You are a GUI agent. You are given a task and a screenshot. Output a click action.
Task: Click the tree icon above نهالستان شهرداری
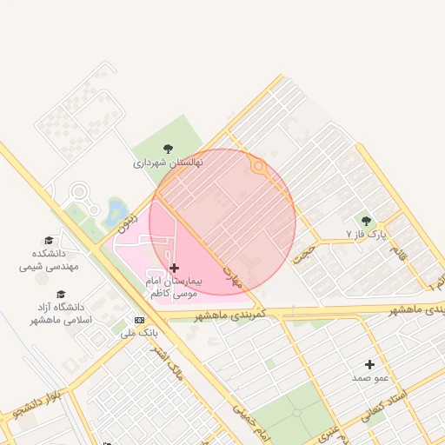tap(168, 149)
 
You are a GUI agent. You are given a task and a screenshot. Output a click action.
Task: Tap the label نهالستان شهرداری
tap(168, 163)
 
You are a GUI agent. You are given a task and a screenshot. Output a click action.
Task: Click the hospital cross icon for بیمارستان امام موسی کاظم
tap(175, 269)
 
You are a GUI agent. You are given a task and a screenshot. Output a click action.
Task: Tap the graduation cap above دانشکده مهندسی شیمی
tap(49, 241)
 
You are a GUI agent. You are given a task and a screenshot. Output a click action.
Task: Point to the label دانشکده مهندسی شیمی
tap(49, 260)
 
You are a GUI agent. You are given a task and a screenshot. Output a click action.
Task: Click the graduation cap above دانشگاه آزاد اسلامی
tap(61, 295)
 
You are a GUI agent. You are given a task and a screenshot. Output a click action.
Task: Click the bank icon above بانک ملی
tap(139, 320)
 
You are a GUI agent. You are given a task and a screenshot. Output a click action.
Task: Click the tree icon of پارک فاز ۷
tap(366, 222)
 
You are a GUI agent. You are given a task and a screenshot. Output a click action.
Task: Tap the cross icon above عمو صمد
tap(369, 364)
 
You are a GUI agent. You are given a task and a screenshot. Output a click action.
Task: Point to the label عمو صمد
tap(369, 378)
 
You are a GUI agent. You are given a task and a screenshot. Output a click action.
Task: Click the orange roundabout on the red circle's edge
tap(257, 165)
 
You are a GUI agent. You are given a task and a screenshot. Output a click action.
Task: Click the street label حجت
tap(303, 252)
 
